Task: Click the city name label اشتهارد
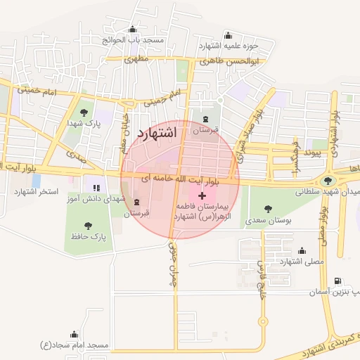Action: [160, 133]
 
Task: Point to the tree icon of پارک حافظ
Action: [88, 226]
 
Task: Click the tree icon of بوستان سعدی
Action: [267, 208]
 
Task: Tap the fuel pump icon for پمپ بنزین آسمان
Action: [339, 281]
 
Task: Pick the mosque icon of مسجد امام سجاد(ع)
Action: [75, 335]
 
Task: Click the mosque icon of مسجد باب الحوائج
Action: [131, 29]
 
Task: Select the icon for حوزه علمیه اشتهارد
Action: [227, 35]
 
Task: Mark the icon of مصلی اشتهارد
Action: [302, 250]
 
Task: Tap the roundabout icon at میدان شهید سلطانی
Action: [328, 181]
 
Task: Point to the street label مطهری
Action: [138, 60]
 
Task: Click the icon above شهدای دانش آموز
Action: [96, 188]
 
